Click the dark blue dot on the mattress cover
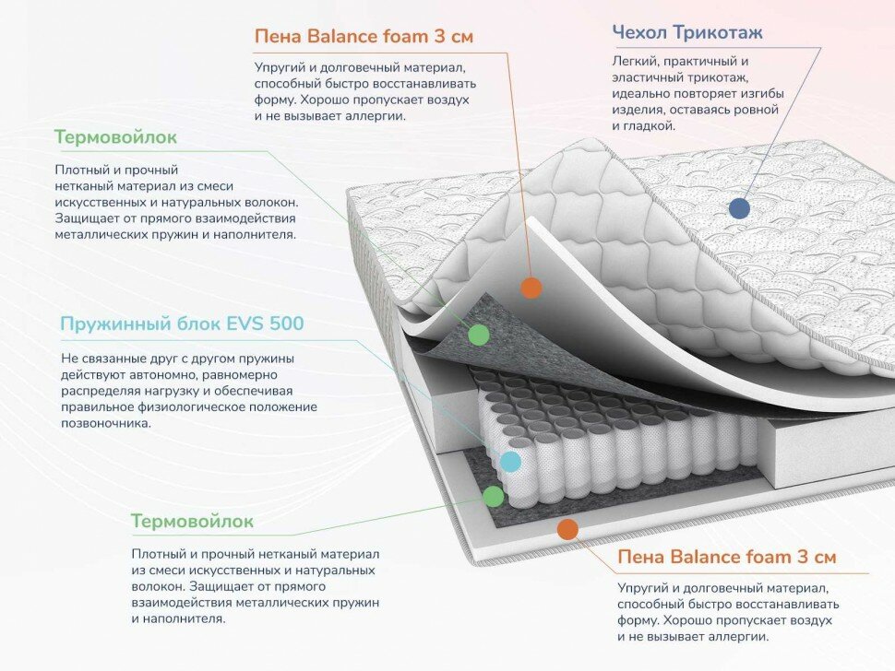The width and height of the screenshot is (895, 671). (x=739, y=207)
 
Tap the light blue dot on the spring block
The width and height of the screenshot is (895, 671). (x=510, y=462)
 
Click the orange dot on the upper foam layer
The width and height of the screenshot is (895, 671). (x=531, y=287)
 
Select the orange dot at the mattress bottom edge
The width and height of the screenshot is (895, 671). (x=567, y=529)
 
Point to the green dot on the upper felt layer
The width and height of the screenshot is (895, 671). (x=478, y=335)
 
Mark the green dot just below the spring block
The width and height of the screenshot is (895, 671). (x=494, y=497)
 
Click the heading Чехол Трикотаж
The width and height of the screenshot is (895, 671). (x=686, y=34)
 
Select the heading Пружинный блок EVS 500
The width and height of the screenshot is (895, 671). (x=181, y=324)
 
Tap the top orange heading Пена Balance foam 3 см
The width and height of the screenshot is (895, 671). (x=364, y=38)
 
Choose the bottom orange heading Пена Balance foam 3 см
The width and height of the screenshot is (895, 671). (x=727, y=558)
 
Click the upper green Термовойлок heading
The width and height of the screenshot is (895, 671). (x=115, y=137)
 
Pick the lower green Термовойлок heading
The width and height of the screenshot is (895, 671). (x=192, y=522)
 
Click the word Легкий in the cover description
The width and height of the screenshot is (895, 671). (x=632, y=61)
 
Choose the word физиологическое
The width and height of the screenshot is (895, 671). (x=186, y=406)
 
